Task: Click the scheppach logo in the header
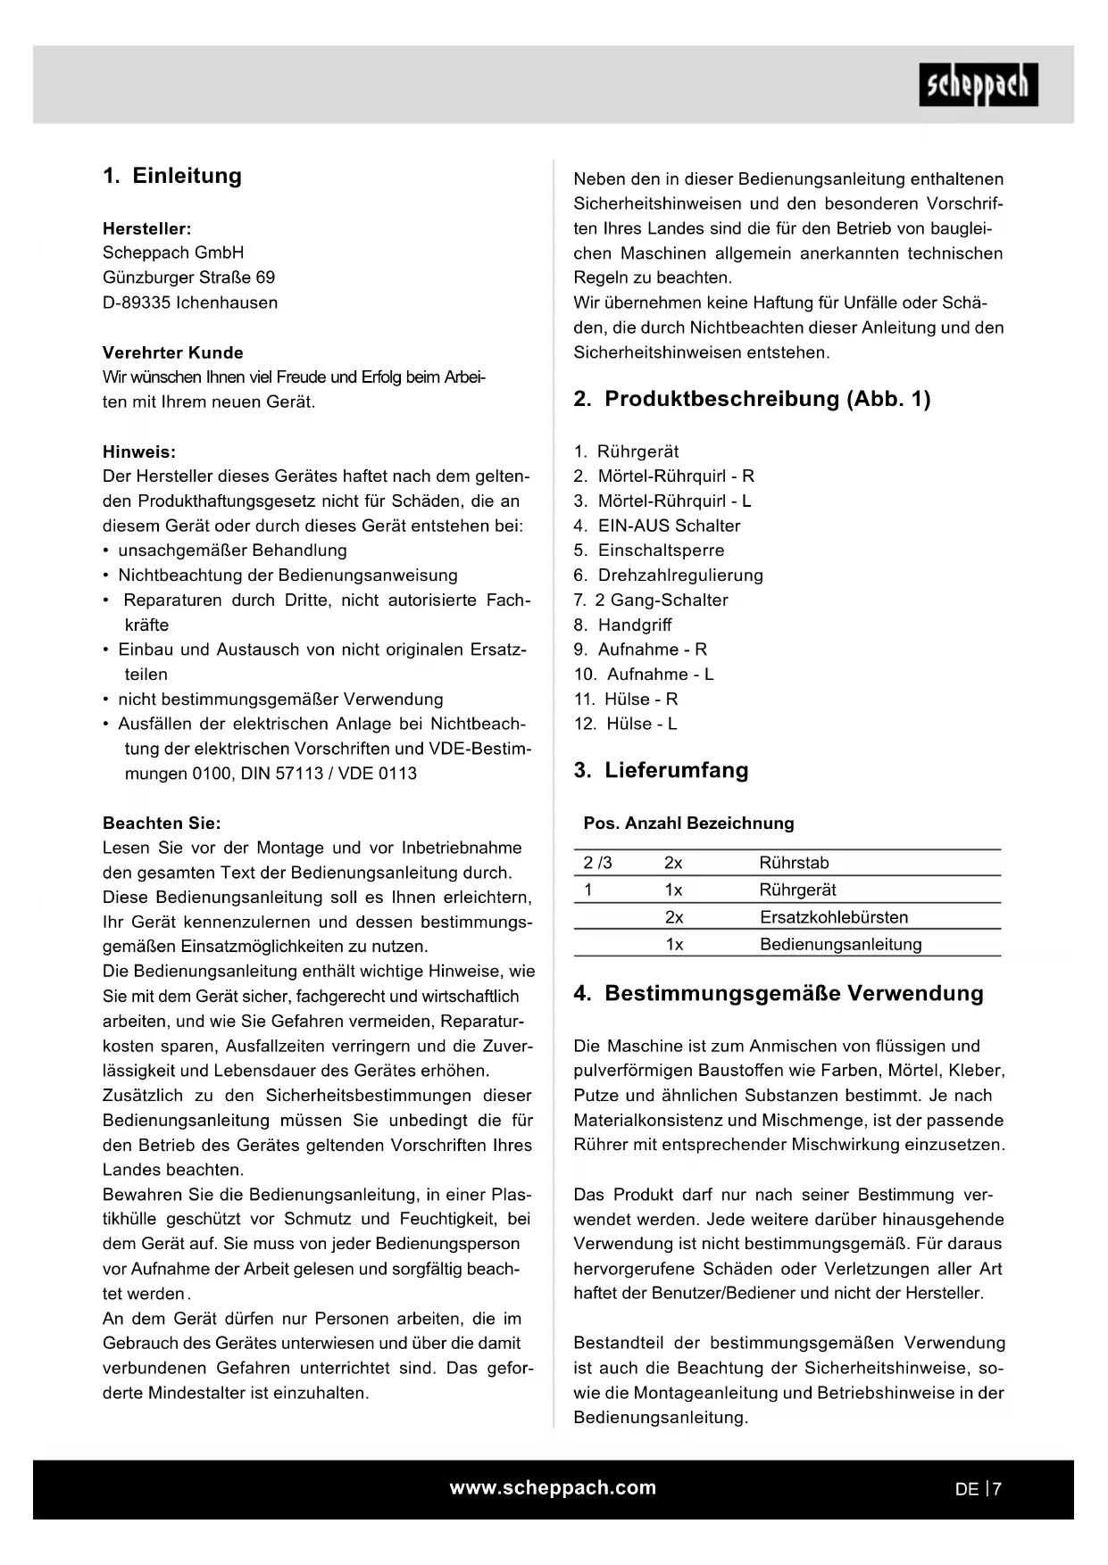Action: (x=978, y=85)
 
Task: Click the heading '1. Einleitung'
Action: (x=172, y=176)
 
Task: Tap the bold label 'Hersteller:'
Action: (x=146, y=228)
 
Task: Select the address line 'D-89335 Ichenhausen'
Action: (x=190, y=302)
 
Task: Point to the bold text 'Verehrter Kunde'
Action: (x=172, y=352)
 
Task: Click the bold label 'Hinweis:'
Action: (x=139, y=451)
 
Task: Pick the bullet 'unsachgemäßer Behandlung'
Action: (x=232, y=551)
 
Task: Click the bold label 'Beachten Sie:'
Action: (x=162, y=823)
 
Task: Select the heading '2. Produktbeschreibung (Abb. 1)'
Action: (x=752, y=399)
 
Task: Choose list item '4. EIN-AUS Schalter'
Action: (x=657, y=526)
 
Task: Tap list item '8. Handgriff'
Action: (x=622, y=625)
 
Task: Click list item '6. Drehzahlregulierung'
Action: (x=668, y=575)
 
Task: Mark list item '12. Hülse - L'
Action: (x=625, y=724)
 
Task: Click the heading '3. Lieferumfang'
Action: (x=661, y=770)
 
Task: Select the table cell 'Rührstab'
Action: (x=794, y=863)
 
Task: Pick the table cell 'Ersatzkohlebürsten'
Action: (x=834, y=917)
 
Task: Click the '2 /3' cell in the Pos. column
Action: (x=597, y=863)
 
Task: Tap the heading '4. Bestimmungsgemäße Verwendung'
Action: (x=778, y=993)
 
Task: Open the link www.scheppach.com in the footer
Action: (x=553, y=1487)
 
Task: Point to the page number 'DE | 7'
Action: (x=978, y=1488)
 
